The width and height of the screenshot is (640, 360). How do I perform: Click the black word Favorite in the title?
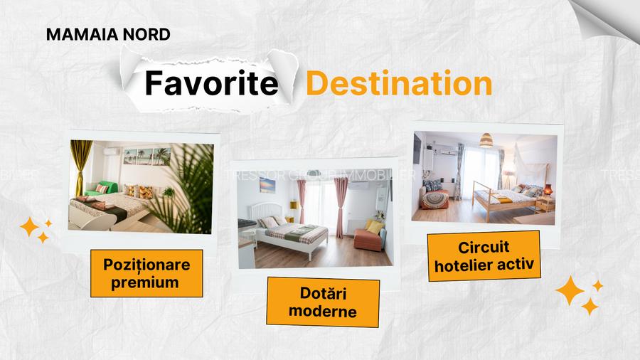210,84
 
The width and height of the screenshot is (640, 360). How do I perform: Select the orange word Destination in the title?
399,84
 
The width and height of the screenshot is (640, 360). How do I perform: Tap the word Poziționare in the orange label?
147,265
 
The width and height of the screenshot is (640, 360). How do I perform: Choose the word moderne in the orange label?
323,311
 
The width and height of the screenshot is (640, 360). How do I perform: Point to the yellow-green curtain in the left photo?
81,171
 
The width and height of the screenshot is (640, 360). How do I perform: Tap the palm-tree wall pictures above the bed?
146,156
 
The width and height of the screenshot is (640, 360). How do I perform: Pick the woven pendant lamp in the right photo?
486,139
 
